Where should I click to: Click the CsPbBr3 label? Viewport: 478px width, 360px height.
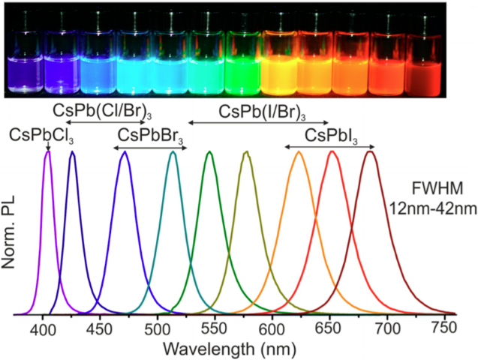coord(150,135)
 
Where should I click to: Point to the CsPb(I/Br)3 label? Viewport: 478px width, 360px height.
coord(262,112)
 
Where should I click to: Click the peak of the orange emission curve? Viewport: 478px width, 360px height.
coord(299,152)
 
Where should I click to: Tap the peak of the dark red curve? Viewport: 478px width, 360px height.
coord(369,152)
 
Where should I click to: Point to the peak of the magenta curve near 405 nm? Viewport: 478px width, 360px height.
coord(48,152)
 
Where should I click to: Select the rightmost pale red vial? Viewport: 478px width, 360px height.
coord(423,64)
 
